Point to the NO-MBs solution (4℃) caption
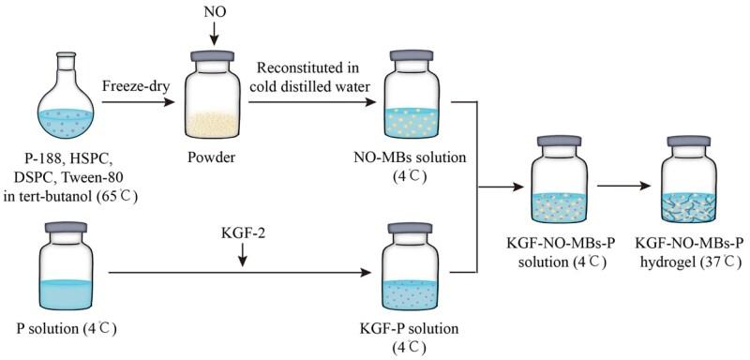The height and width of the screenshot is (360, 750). pos(415,167)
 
